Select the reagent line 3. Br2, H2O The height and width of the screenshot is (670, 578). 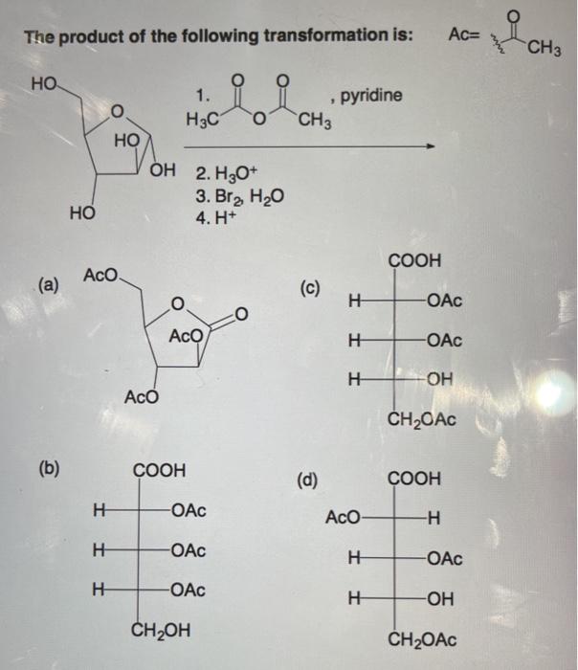233,197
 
